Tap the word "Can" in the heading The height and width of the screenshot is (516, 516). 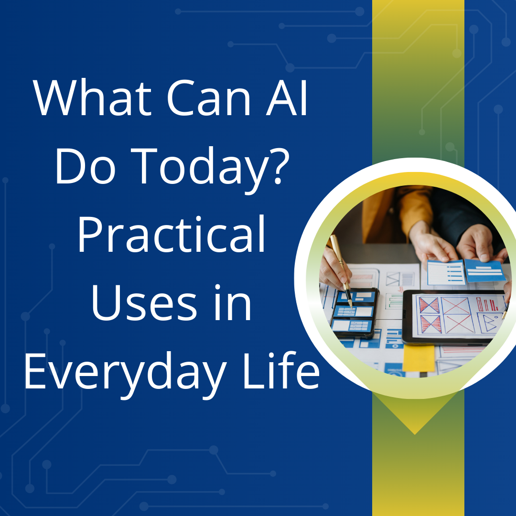pyautogui.click(x=209, y=98)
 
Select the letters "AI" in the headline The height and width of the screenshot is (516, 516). pyautogui.click(x=287, y=98)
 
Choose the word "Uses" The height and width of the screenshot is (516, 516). pyautogui.click(x=144, y=303)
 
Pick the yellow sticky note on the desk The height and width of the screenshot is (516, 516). pyautogui.click(x=419, y=358)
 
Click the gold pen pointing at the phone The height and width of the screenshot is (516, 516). pyautogui.click(x=341, y=269)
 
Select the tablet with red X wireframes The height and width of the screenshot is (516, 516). pyautogui.click(x=454, y=317)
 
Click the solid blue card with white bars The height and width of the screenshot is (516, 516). pyautogui.click(x=485, y=270)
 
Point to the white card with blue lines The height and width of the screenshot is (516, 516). pyautogui.click(x=446, y=272)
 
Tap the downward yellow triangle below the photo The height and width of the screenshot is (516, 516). pyautogui.click(x=415, y=413)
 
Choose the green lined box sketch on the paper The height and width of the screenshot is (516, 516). pyautogui.click(x=394, y=301)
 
